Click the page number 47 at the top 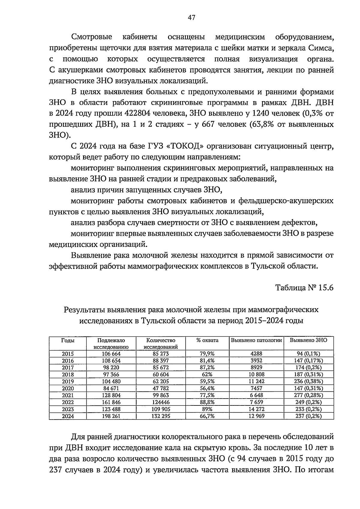pyautogui.click(x=191, y=17)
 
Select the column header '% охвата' pyautogui.click(x=207, y=340)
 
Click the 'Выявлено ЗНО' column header pyautogui.click(x=308, y=340)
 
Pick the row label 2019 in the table pyautogui.click(x=68, y=381)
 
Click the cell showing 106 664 pyautogui.click(x=111, y=354)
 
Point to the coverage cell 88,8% pyautogui.click(x=207, y=402)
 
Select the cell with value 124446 pyautogui.click(x=161, y=402)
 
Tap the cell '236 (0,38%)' pyautogui.click(x=309, y=381)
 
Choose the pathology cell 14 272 pyautogui.click(x=256, y=409)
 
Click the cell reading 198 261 pyautogui.click(x=111, y=416)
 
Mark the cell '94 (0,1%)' pyautogui.click(x=309, y=354)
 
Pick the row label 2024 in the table pyautogui.click(x=68, y=416)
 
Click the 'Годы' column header pyautogui.click(x=68, y=340)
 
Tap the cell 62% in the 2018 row pyautogui.click(x=207, y=375)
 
